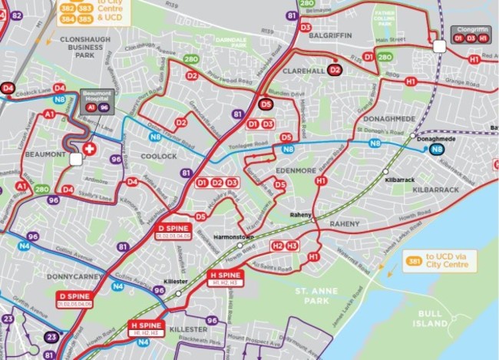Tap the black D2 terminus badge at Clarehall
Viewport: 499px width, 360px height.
coord(334,70)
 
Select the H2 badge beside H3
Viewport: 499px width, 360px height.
coord(277,246)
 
